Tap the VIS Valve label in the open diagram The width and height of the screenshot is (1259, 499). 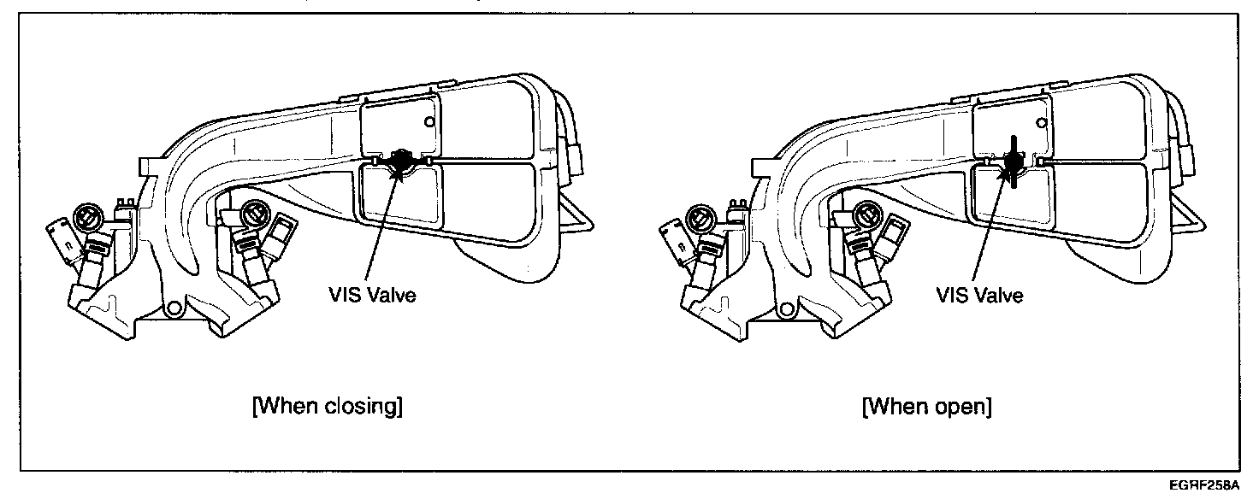point(980,296)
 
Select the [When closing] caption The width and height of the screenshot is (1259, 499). point(328,407)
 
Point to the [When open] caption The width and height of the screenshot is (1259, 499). point(927,407)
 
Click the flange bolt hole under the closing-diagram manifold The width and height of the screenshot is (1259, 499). point(174,308)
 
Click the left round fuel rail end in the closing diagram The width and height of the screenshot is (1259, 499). point(87,217)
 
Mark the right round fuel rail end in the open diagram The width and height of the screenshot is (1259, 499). point(866,215)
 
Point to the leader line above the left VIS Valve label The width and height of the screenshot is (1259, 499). point(386,231)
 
